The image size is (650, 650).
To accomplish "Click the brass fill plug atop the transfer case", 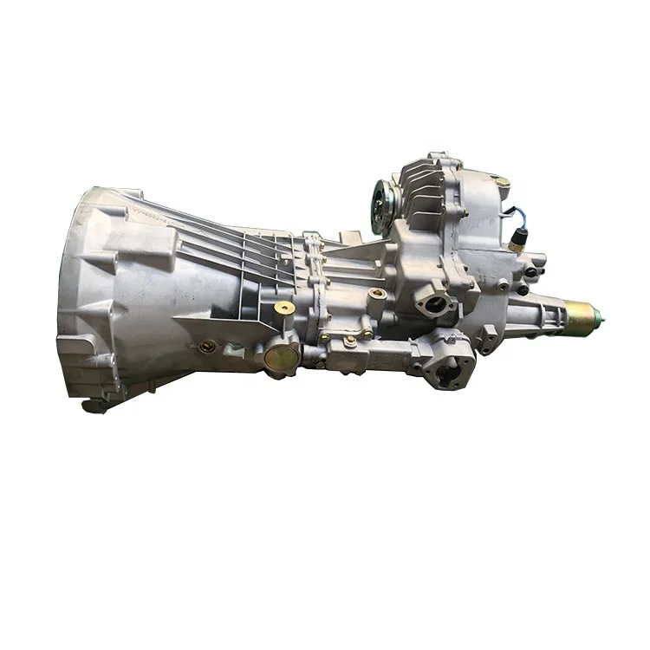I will pyautogui.click(x=500, y=179).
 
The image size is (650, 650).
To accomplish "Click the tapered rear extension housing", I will pyautogui.click(x=537, y=308).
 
